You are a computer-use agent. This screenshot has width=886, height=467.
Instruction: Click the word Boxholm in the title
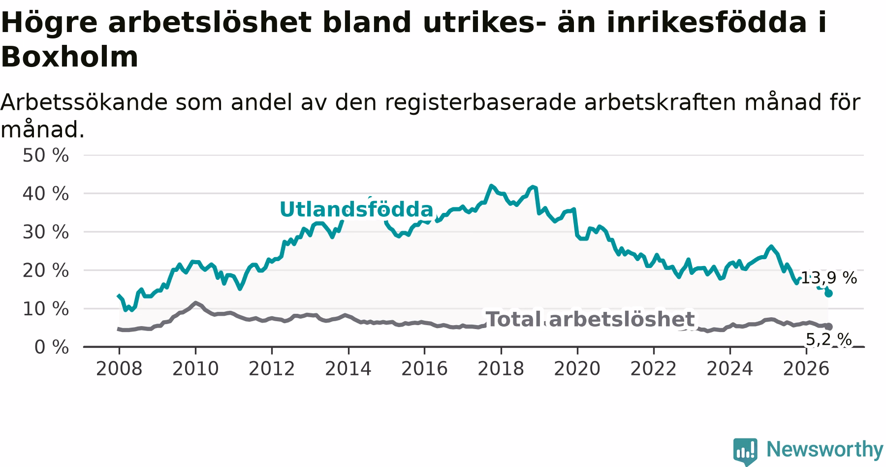point(69,57)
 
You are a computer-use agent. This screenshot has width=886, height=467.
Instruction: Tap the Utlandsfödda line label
point(356,209)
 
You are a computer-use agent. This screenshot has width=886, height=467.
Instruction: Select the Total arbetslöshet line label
point(590,319)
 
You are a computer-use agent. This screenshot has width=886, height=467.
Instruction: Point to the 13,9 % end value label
point(829,278)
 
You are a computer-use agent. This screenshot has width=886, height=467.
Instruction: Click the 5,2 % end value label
point(829,339)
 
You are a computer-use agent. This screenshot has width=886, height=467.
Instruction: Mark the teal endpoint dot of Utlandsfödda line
point(828,293)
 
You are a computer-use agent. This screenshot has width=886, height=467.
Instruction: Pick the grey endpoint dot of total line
point(828,327)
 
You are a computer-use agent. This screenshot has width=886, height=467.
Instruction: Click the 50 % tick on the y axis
point(45,155)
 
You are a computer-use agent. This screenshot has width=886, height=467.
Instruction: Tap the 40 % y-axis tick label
point(45,194)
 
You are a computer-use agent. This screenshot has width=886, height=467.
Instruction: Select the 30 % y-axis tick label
point(45,232)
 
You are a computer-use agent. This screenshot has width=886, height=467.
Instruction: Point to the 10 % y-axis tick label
point(45,309)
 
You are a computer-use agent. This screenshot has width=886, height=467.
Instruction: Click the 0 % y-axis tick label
point(51,347)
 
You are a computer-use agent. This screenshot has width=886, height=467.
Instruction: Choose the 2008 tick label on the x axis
point(119,368)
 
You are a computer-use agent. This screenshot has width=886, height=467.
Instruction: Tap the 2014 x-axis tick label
point(348,368)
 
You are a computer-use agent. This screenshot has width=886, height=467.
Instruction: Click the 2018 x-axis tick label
point(501,368)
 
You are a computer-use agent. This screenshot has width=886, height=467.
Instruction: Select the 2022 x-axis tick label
point(654,368)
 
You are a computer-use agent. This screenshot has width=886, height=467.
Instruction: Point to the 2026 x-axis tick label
point(806,368)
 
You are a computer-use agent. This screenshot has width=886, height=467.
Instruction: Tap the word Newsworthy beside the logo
point(824,449)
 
